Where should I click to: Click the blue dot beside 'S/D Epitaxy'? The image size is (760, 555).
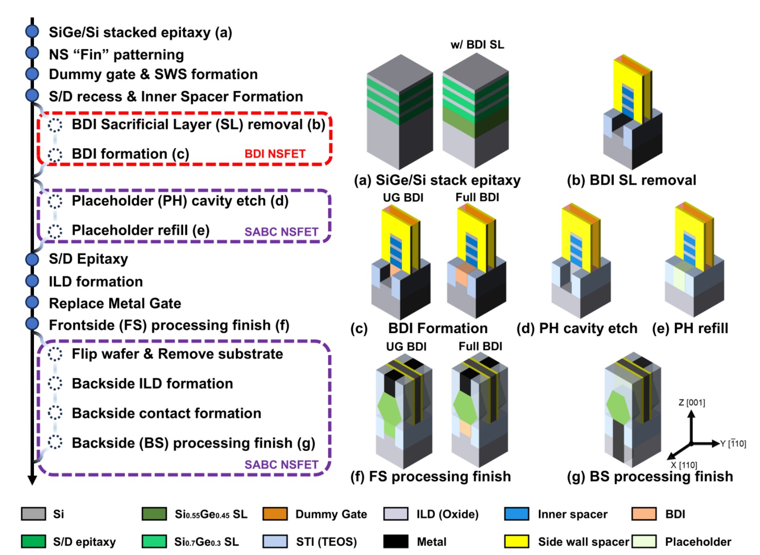(x=32, y=259)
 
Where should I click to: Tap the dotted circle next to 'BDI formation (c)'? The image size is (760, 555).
(x=55, y=154)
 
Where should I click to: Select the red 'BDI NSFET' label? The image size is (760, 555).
(x=275, y=154)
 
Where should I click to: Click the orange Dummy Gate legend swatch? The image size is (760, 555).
(x=275, y=514)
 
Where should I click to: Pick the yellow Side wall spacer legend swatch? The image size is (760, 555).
(x=517, y=542)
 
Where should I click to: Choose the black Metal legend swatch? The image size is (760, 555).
(x=396, y=542)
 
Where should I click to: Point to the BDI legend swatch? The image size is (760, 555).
(x=644, y=514)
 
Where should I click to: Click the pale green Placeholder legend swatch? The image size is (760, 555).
(x=644, y=542)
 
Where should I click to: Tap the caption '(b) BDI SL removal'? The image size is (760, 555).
(x=631, y=180)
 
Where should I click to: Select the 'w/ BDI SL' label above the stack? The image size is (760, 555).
(x=477, y=45)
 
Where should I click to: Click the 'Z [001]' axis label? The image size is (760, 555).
(x=692, y=403)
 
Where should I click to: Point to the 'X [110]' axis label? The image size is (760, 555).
(x=684, y=465)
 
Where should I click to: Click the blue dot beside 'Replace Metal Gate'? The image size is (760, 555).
(x=32, y=302)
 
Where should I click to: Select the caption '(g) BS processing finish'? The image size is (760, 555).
(x=650, y=477)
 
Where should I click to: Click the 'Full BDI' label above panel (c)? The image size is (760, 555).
(x=477, y=197)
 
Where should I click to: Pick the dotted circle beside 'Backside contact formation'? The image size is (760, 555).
(x=55, y=413)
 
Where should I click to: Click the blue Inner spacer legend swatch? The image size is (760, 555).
(x=517, y=514)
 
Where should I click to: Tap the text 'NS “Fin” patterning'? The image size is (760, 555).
(x=116, y=55)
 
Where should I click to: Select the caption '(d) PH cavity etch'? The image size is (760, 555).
(x=577, y=328)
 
